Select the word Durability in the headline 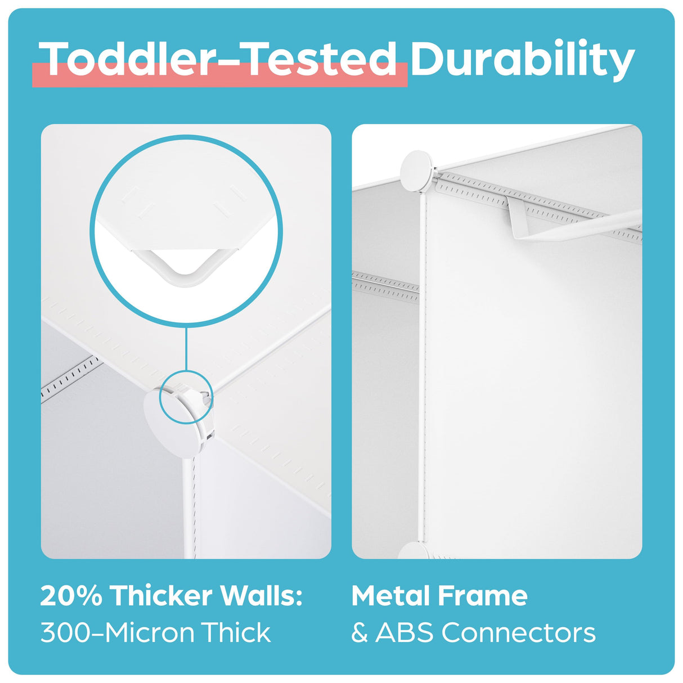coord(522,59)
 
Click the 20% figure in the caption coord(71,596)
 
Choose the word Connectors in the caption coord(518,633)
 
